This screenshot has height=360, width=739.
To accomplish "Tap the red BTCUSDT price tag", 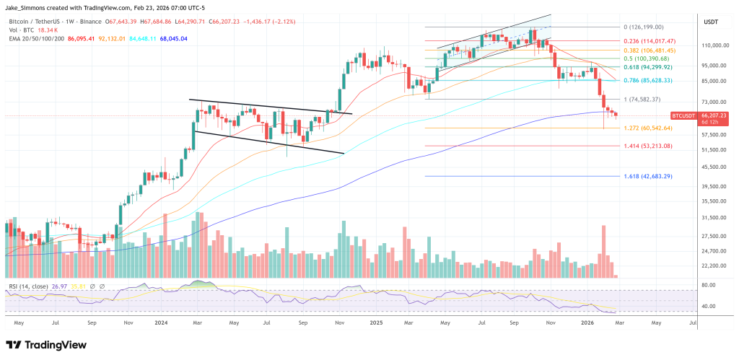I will [688, 115].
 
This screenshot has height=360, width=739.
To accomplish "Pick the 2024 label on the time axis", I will [162, 322].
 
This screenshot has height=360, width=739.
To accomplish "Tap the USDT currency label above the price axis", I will [711, 22].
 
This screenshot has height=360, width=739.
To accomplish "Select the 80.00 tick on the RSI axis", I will [707, 285].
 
